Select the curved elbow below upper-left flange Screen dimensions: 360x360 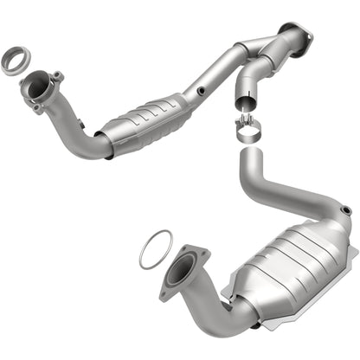coord(74,134)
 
